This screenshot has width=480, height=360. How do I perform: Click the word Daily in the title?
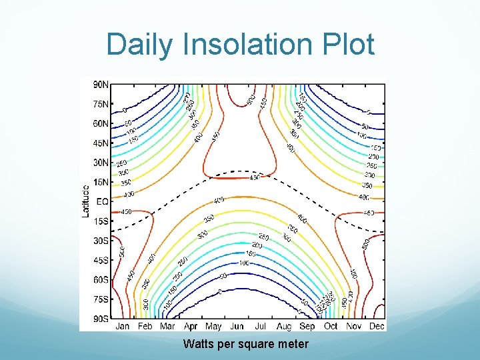click(139, 45)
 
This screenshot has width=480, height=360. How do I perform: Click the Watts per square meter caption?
click(246, 344)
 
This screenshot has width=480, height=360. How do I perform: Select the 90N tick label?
click(101, 85)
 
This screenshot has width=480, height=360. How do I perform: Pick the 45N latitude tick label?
click(101, 143)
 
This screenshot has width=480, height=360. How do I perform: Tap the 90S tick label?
click(101, 319)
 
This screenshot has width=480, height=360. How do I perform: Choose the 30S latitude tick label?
click(101, 241)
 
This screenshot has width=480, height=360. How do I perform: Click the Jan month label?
click(123, 327)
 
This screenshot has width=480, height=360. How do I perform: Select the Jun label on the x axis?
click(236, 327)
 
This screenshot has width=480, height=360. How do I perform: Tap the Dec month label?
click(377, 327)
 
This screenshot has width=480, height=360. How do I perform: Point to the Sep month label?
click(307, 327)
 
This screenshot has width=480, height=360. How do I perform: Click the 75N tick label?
click(101, 104)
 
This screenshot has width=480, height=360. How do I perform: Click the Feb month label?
click(145, 327)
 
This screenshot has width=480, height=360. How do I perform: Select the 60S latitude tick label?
click(101, 280)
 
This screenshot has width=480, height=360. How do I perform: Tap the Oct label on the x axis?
click(331, 327)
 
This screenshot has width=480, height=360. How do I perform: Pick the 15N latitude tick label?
click(101, 182)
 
